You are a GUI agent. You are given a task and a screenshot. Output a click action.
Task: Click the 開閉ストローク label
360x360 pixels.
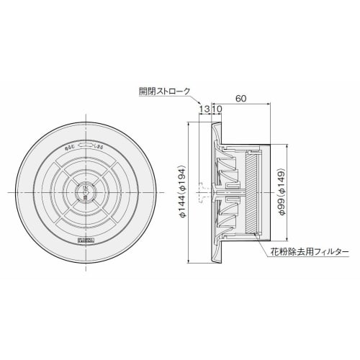tap(165, 91)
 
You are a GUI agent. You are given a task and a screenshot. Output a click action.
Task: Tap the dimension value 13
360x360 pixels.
tap(206, 109)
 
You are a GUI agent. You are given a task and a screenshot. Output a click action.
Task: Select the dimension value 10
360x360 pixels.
tap(217, 109)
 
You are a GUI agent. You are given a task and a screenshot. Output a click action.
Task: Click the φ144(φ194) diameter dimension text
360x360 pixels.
tap(183, 192)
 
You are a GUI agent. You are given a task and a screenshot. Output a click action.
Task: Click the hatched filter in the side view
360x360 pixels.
tap(251, 193)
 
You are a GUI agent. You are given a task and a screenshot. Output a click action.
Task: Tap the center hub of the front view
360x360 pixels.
tap(86, 192)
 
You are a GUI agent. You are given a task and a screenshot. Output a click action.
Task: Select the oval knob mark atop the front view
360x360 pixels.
tap(86, 144)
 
